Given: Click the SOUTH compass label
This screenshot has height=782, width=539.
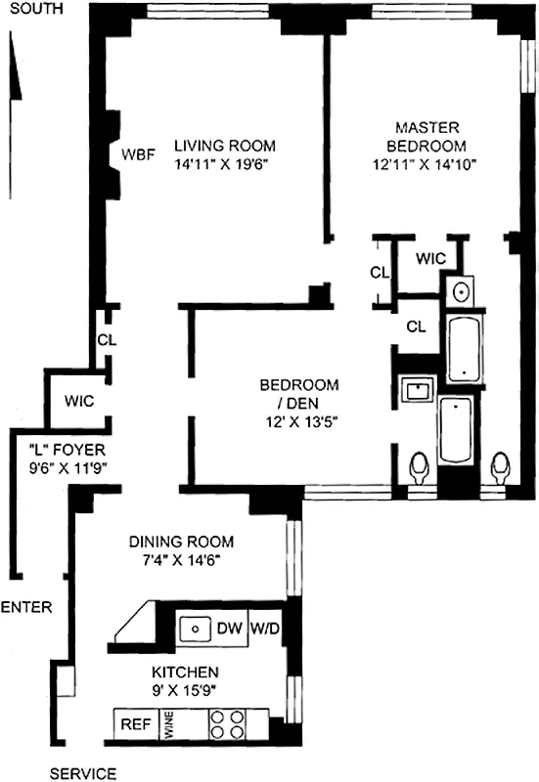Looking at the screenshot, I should (x=32, y=10).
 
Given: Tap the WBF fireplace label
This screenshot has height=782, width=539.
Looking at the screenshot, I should (x=136, y=154).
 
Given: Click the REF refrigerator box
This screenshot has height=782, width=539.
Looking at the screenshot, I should (x=133, y=724).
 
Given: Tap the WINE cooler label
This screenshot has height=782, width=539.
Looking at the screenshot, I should (x=168, y=724).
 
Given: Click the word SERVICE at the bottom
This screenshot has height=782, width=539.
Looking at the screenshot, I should (x=82, y=773).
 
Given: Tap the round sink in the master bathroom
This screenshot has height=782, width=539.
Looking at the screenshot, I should (x=461, y=291).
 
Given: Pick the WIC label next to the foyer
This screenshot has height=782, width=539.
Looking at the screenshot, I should (x=79, y=401).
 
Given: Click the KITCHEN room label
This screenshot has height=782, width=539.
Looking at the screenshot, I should (x=184, y=673).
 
